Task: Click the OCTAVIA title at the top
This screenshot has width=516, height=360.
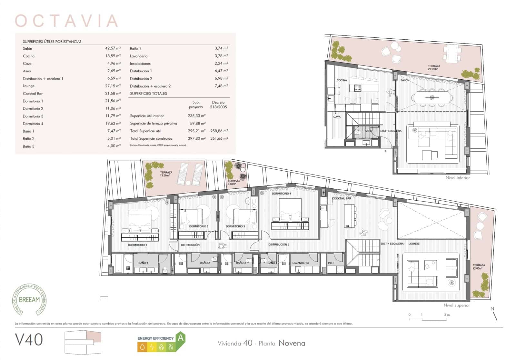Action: [66, 21]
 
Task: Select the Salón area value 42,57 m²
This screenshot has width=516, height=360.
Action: [113, 48]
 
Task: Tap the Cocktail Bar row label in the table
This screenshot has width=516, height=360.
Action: [33, 94]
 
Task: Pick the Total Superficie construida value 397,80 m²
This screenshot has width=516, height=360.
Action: [196, 138]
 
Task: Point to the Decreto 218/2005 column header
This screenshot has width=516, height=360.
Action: [218, 105]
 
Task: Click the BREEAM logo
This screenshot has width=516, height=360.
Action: [29, 299]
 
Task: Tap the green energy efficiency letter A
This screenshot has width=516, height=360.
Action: [181, 338]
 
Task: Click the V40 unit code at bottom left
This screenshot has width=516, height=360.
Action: [29, 340]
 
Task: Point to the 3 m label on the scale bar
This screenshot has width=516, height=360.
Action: [447, 315]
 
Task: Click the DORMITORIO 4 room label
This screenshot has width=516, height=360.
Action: [281, 194]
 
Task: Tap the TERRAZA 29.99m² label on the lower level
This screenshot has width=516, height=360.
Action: [434, 67]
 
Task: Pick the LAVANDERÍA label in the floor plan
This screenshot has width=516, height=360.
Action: [301, 263]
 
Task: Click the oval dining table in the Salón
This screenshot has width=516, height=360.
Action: [432, 97]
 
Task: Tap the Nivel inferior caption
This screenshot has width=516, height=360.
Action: [458, 178]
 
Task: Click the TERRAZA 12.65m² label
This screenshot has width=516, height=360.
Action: [479, 267]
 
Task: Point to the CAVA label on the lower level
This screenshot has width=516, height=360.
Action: [337, 117]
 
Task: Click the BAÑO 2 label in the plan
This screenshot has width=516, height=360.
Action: [205, 263]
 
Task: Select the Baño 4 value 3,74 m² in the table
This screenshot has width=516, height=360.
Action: [221, 48]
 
